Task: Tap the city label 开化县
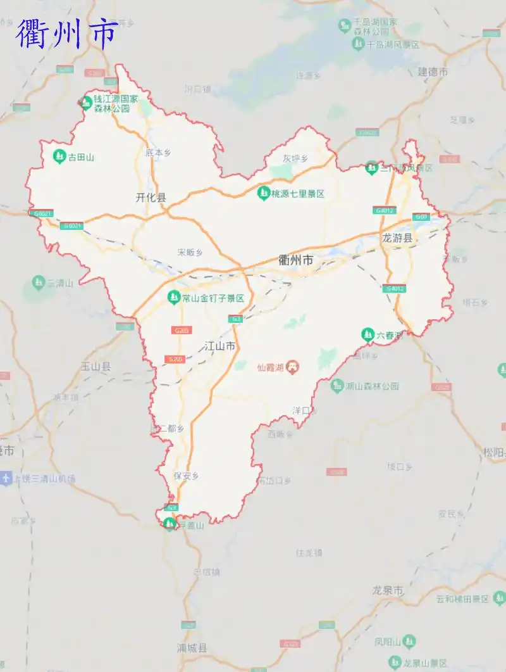pos(151,197)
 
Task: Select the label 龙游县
pos(397,238)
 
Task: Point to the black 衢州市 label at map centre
pos(296,260)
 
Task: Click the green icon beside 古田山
pos(59,156)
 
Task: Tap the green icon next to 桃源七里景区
pos(263,193)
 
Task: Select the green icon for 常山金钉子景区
pos(173,297)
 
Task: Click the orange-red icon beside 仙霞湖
pos(292,367)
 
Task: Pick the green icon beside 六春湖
pos(367,334)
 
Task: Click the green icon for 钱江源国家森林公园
pos(86,101)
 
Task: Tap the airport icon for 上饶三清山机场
pos(6,478)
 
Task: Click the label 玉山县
pos(96,366)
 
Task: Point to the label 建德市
pos(433,72)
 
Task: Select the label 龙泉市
pos(388,590)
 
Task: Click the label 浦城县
pos(192,648)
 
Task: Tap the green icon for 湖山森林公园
pos(338,384)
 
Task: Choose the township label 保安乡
pos(187,476)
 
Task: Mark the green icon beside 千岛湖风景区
pos(358,44)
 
